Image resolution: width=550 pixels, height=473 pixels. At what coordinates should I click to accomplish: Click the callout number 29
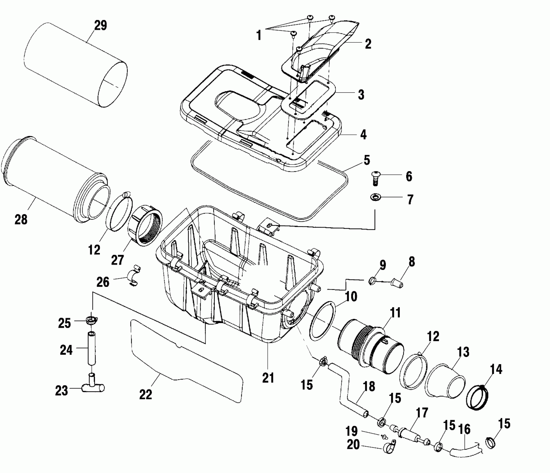tap(100, 26)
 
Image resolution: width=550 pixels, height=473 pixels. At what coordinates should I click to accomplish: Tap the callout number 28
tap(21, 220)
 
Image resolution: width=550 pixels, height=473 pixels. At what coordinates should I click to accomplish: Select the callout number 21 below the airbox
tap(268, 378)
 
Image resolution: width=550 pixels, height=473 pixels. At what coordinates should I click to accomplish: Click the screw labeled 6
tap(376, 178)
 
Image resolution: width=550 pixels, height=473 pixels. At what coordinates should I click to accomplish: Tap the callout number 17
tap(422, 413)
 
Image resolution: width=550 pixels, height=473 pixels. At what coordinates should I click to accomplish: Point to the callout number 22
tap(145, 395)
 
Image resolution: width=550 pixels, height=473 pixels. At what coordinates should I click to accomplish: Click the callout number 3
tap(361, 95)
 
